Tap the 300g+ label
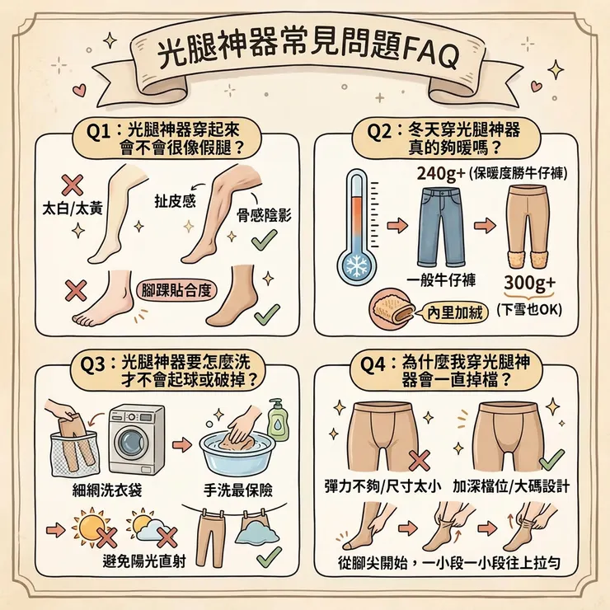[x=528, y=284]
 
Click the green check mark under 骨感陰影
[x=264, y=241]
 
